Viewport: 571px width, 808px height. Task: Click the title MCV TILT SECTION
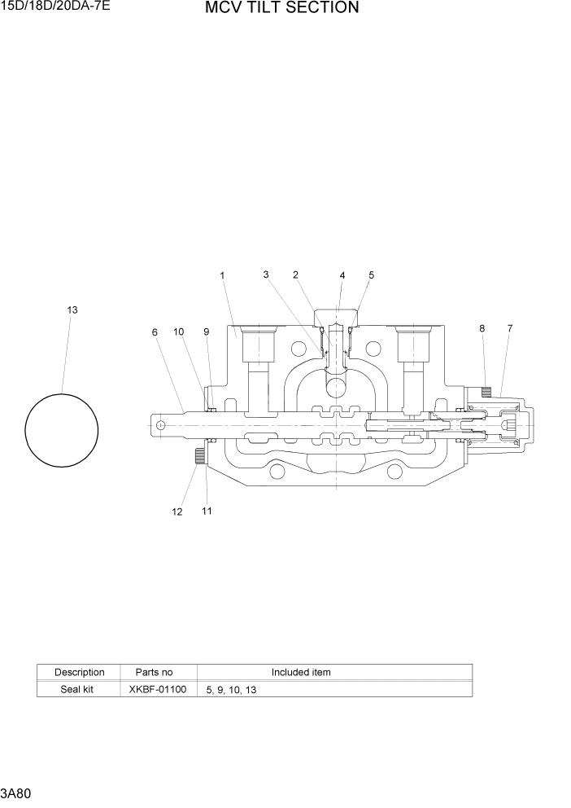click(281, 8)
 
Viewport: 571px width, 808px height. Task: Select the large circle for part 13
click(62, 430)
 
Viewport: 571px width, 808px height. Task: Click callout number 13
click(72, 310)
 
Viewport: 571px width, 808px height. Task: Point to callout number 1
click(222, 276)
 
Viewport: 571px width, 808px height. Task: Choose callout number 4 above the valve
click(342, 276)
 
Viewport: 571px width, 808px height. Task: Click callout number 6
click(154, 332)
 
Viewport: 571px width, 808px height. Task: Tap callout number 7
click(510, 328)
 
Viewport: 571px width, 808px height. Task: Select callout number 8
click(482, 328)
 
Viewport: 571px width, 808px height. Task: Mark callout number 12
click(177, 512)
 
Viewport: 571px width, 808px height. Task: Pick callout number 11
click(207, 511)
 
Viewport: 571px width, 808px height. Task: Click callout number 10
click(178, 332)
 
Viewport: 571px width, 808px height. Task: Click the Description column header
click(79, 672)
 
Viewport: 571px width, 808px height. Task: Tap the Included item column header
click(301, 672)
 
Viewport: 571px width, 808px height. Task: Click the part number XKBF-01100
click(158, 689)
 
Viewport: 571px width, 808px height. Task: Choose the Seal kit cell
click(79, 689)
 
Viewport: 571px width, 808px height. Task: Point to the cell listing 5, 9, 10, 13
click(232, 690)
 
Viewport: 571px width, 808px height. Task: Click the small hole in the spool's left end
click(161, 424)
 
